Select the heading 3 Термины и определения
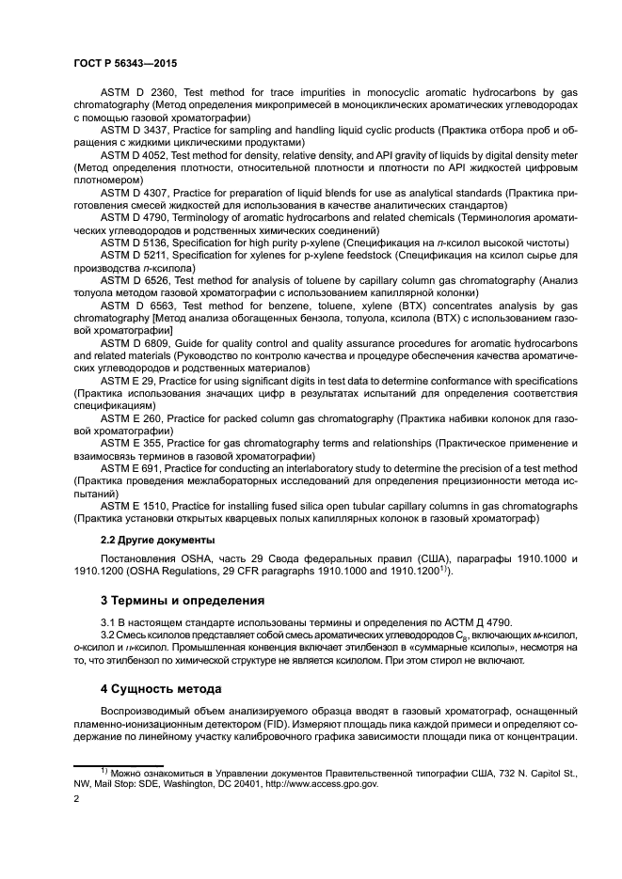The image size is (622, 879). (182, 600)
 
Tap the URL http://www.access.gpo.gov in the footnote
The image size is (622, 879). (318, 781)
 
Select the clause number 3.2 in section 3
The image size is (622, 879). (110, 636)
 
